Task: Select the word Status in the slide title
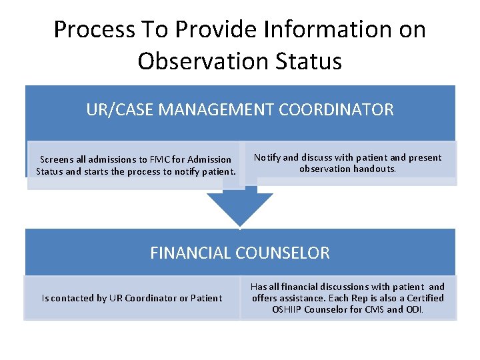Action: pos(307,61)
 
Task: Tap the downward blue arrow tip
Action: pos(240,221)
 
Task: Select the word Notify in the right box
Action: pos(267,158)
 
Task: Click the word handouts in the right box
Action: pos(376,169)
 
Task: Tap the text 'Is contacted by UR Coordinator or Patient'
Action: pos(132,298)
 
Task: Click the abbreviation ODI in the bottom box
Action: pos(413,309)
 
